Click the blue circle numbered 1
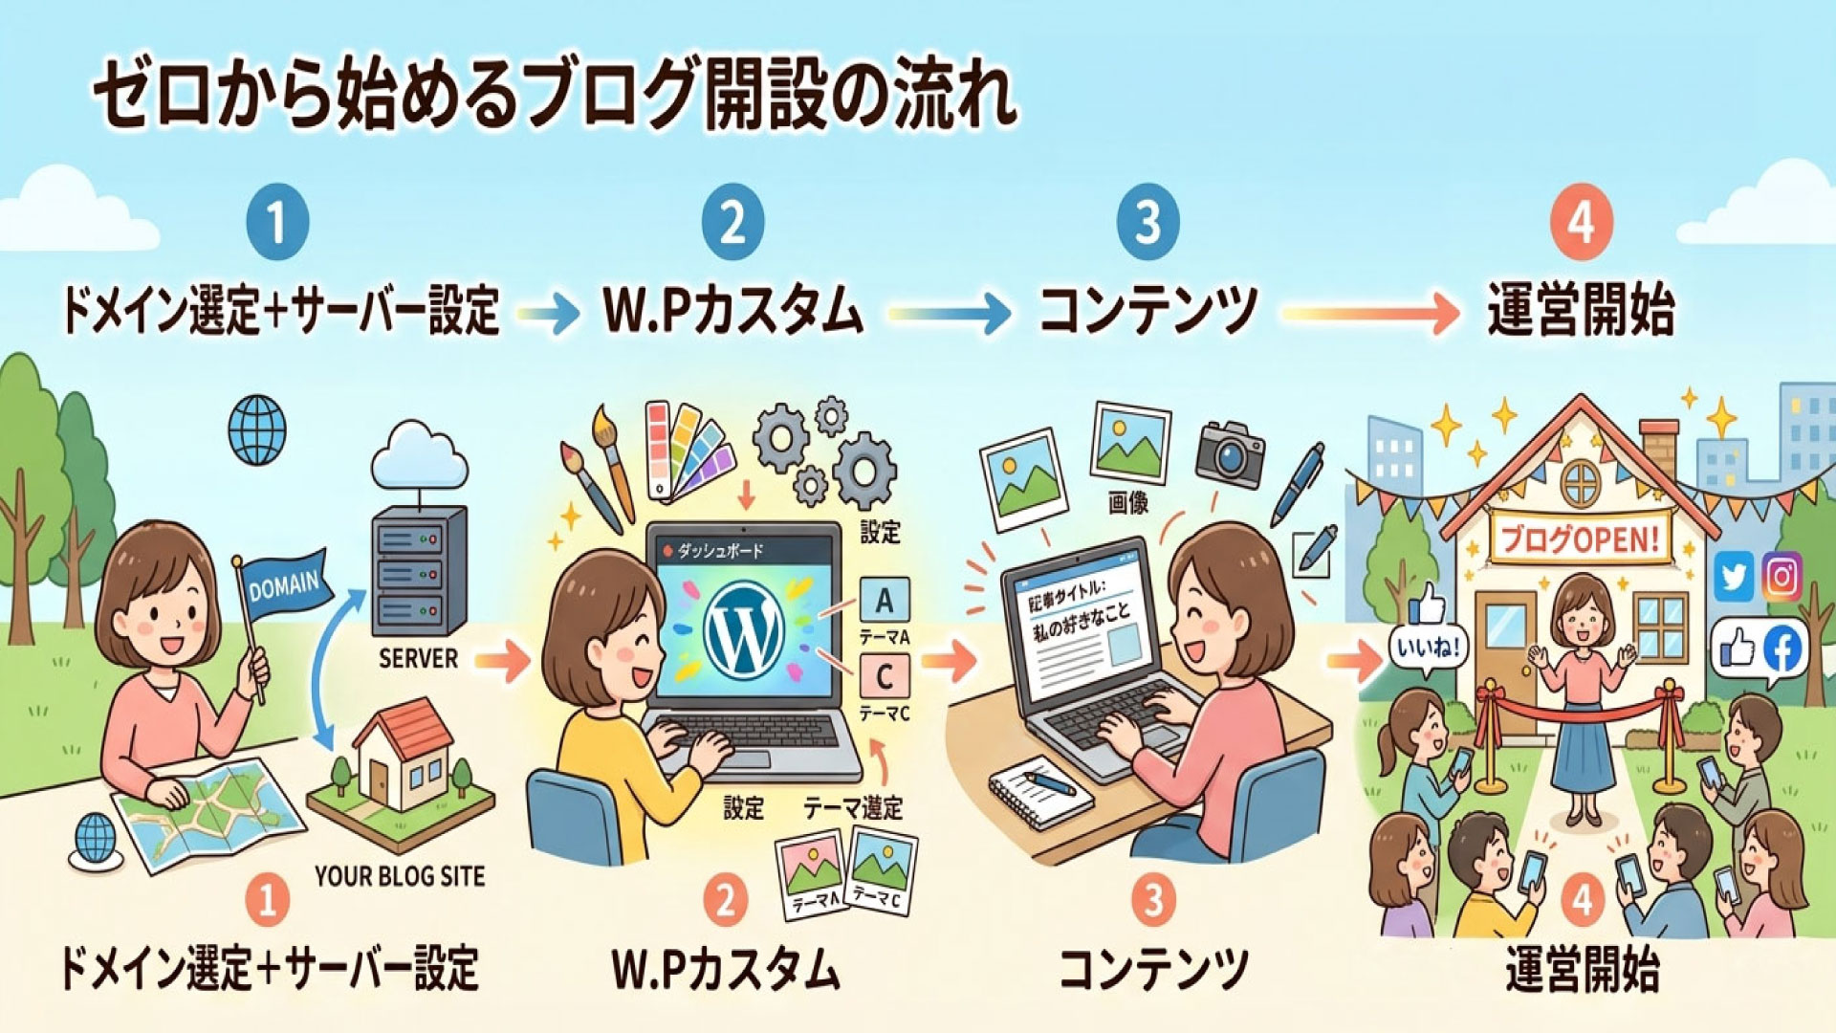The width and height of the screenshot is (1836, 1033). (x=276, y=222)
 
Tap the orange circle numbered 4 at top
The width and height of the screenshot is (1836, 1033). (x=1581, y=222)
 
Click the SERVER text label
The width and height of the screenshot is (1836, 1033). (x=418, y=658)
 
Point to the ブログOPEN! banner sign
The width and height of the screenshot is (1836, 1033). (x=1577, y=538)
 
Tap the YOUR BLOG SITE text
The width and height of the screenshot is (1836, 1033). (x=400, y=876)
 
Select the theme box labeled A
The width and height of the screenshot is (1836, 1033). (x=885, y=602)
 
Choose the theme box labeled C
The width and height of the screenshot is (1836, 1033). (x=885, y=677)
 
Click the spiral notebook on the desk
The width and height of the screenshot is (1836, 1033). (x=1038, y=790)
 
